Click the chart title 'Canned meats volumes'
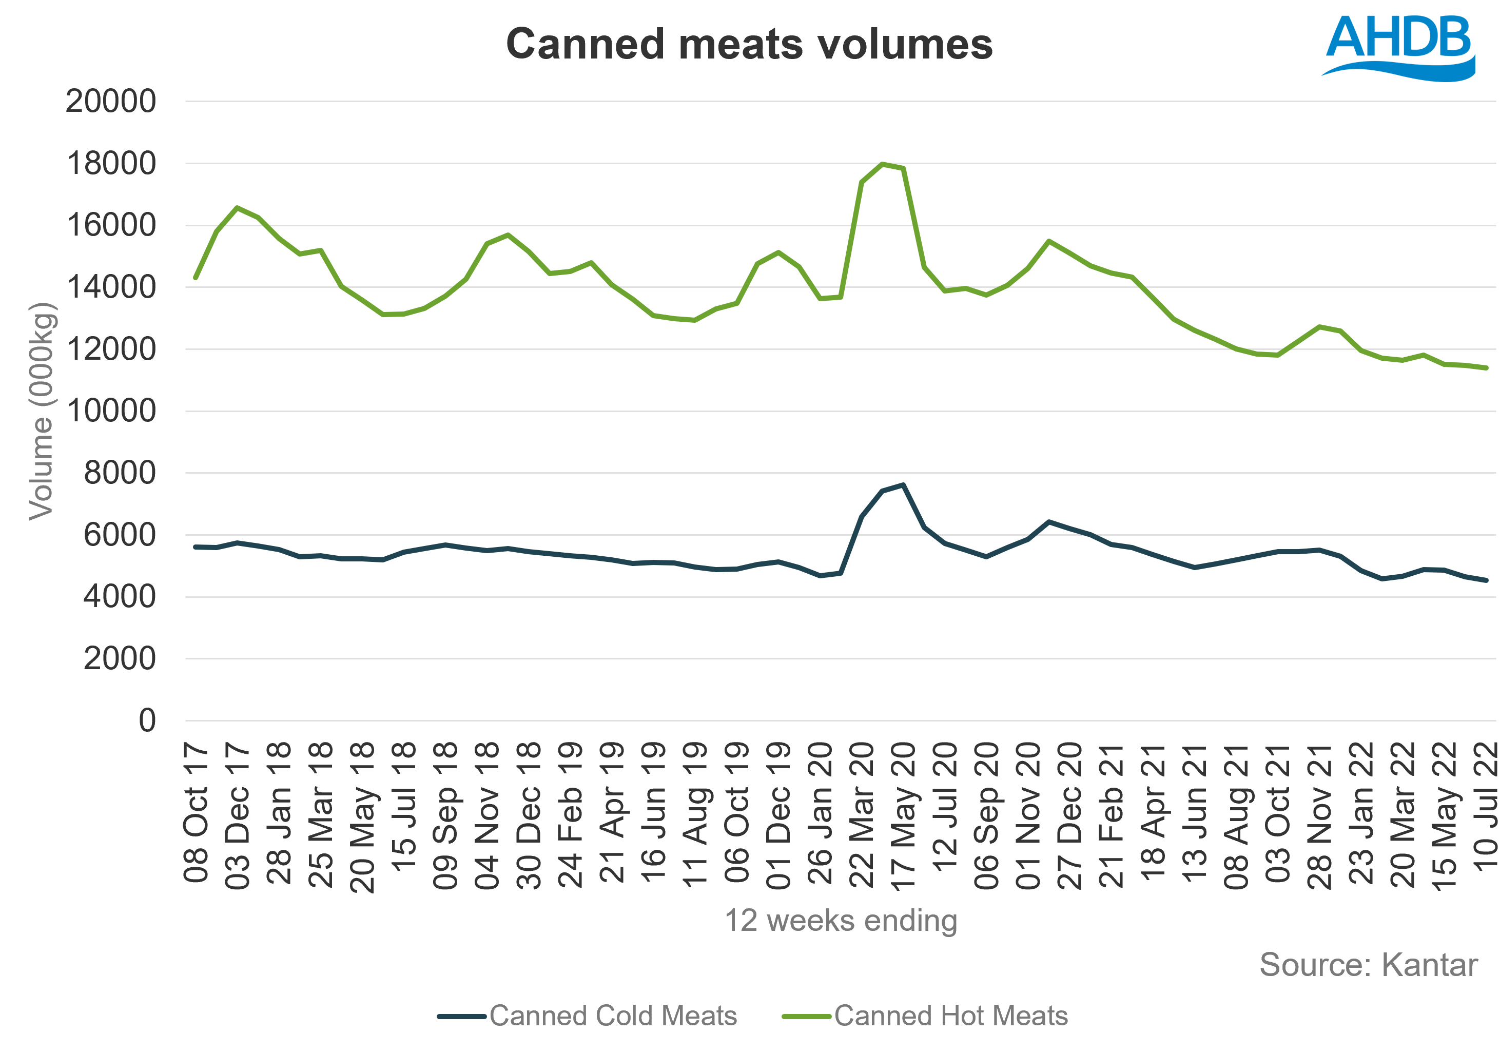coord(749,45)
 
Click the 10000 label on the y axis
coord(111,412)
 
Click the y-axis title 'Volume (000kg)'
coord(41,412)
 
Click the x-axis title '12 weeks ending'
coord(841,921)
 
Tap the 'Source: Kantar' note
coord(1368,965)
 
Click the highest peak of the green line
coord(883,164)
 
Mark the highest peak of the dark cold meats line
coord(903,485)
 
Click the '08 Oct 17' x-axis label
coord(196,813)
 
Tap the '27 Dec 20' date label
coord(1070,816)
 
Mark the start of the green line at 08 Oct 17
coord(196,278)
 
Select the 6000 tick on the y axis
coord(120,536)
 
